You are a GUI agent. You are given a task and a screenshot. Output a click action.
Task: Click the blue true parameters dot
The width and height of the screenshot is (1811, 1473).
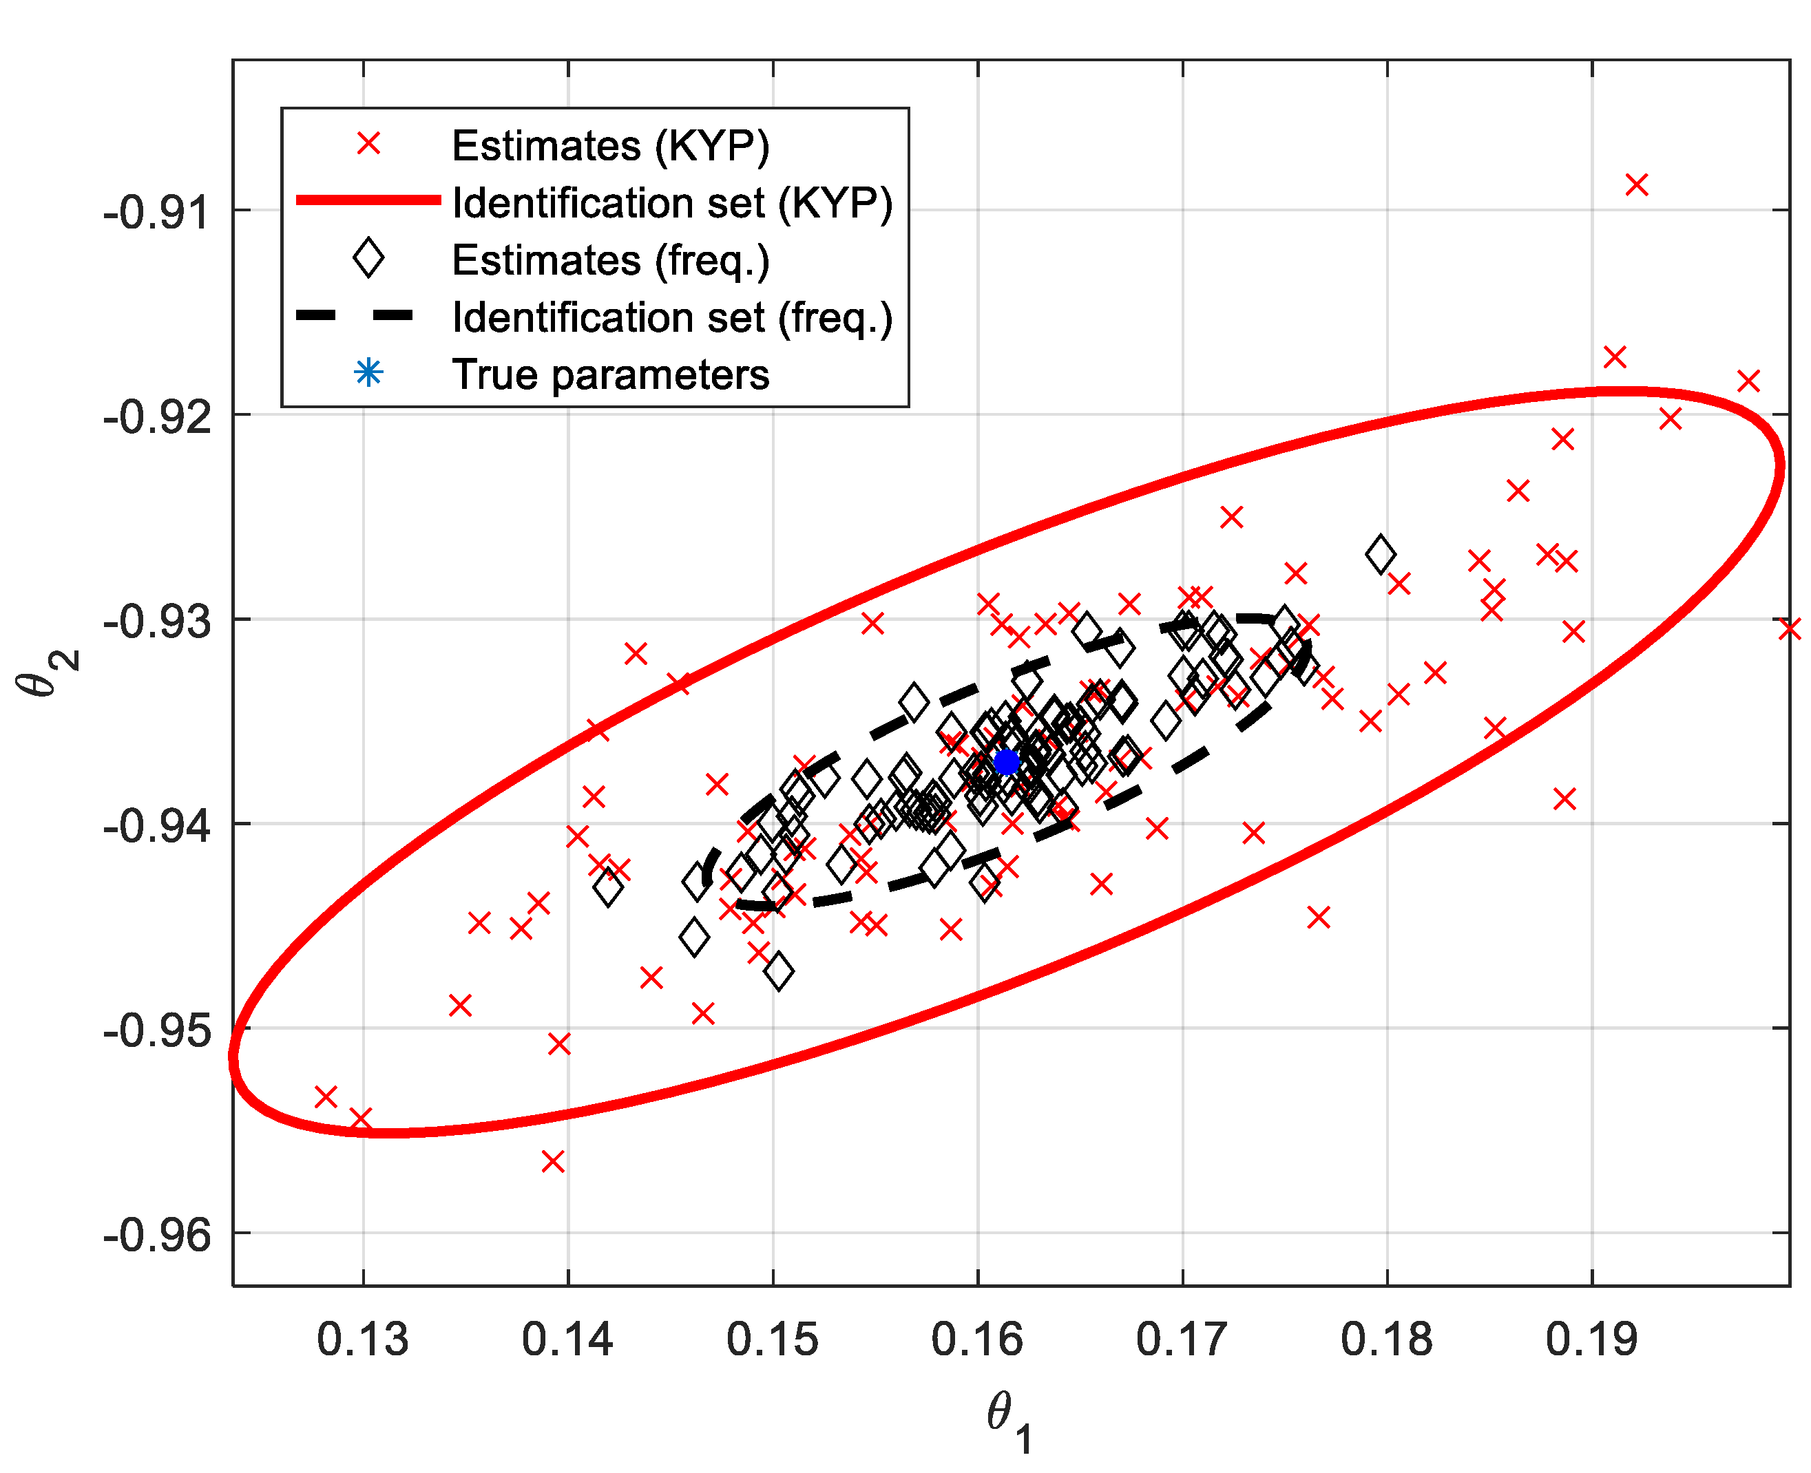click(1005, 762)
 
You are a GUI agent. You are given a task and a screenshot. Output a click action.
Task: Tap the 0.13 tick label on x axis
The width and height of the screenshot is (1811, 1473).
click(362, 1339)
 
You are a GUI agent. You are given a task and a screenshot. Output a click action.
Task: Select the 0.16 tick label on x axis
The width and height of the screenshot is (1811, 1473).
click(977, 1339)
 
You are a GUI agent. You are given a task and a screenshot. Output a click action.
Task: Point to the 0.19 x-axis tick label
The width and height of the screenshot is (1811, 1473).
click(1591, 1339)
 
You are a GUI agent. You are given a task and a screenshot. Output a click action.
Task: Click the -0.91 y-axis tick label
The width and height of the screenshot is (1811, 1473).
click(157, 212)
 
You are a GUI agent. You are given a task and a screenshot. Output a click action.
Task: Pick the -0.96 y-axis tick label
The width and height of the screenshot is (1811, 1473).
click(157, 1235)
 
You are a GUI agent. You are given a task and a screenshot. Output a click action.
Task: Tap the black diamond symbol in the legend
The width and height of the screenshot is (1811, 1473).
click(368, 258)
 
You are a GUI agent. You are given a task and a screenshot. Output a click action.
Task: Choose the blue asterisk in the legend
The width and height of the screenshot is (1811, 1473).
click(368, 372)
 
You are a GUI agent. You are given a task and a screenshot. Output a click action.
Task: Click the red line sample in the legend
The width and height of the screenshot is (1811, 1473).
click(368, 200)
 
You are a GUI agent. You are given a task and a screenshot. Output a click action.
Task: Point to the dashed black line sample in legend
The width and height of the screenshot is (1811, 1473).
click(355, 316)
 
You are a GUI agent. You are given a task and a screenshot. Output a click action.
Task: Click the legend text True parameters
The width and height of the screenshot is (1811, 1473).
click(610, 374)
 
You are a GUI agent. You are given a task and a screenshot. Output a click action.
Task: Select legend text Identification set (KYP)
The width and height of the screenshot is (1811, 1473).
click(672, 203)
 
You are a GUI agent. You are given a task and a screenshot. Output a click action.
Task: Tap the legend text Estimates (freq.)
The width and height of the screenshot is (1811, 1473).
click(610, 259)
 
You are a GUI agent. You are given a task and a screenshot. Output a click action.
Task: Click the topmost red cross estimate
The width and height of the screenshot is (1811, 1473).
click(1636, 184)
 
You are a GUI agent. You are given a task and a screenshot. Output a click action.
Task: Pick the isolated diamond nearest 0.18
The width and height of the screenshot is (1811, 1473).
click(1381, 554)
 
